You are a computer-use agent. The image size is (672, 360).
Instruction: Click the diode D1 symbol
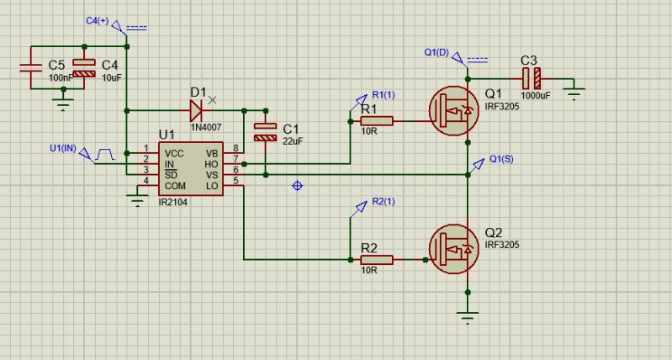coord(195,110)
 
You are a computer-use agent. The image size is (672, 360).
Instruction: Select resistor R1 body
coord(377,121)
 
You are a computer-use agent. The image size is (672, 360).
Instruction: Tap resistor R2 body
coord(377,260)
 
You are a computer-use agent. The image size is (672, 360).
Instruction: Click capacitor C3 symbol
coord(532,78)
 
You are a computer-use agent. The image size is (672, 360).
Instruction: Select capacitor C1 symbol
coord(265,131)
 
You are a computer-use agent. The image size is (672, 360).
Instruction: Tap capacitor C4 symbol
coord(84,68)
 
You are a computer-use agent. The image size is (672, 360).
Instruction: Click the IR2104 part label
coord(173,203)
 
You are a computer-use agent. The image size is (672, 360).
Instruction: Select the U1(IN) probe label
coord(62,148)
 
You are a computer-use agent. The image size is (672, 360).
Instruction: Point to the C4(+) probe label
coord(98,19)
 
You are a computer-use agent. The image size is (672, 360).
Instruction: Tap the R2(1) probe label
coord(383,202)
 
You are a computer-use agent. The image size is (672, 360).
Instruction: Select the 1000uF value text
coord(535,95)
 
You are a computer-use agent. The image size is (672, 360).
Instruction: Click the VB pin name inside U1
coord(211,153)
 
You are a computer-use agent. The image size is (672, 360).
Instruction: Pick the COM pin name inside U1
coord(175,185)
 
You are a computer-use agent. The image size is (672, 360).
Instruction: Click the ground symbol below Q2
coord(467,315)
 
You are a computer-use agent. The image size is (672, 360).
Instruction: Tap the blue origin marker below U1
coord(297,185)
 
